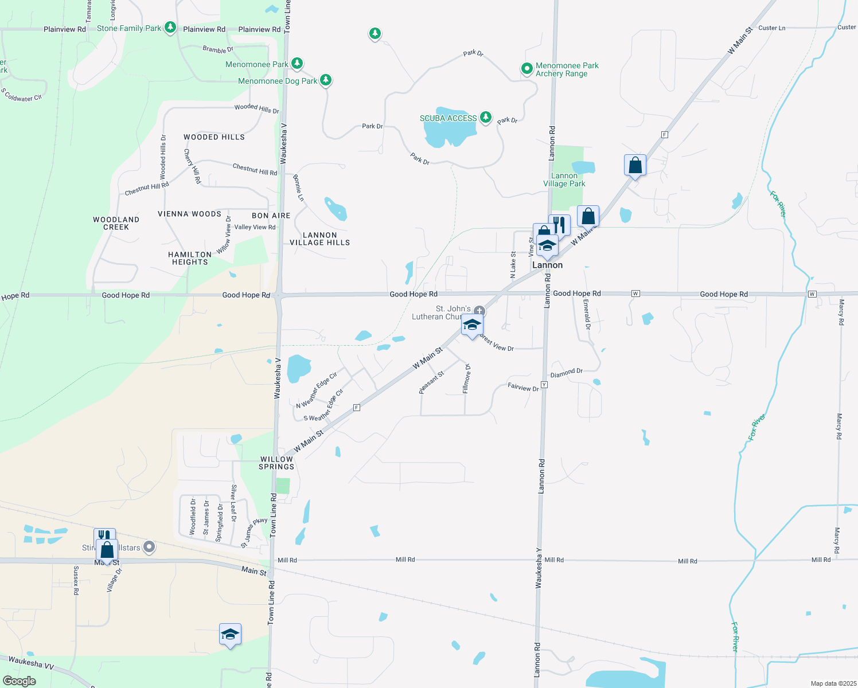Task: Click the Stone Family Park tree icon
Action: pyautogui.click(x=170, y=28)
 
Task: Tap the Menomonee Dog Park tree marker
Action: pyautogui.click(x=326, y=80)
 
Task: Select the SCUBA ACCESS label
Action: pyautogui.click(x=448, y=118)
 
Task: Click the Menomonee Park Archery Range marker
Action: pyautogui.click(x=526, y=69)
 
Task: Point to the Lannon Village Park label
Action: pyautogui.click(x=564, y=180)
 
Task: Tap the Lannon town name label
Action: pyautogui.click(x=547, y=265)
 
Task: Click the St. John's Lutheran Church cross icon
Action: pyautogui.click(x=479, y=311)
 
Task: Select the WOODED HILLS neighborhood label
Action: pyautogui.click(x=214, y=137)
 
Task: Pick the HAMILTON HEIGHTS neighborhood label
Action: pyautogui.click(x=190, y=258)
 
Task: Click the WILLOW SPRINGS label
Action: pyautogui.click(x=276, y=463)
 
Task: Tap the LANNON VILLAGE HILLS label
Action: pyautogui.click(x=319, y=239)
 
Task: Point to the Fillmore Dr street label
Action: pyautogui.click(x=466, y=378)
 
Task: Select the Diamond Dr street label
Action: pyautogui.click(x=566, y=373)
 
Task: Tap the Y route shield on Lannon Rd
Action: pyautogui.click(x=544, y=385)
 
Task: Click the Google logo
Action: pyautogui.click(x=19, y=681)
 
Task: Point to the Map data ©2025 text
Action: pyautogui.click(x=832, y=683)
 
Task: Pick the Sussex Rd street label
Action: pyautogui.click(x=76, y=580)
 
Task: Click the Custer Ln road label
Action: pyautogui.click(x=771, y=28)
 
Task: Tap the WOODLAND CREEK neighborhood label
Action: pyautogui.click(x=116, y=223)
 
